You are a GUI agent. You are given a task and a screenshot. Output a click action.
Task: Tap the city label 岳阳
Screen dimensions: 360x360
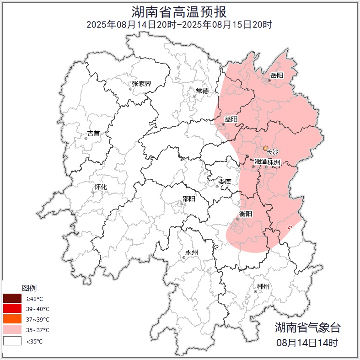(277, 75)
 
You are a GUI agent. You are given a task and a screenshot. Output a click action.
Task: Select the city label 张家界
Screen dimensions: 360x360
(141, 84)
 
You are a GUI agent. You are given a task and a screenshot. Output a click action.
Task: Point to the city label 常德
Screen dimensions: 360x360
(202, 91)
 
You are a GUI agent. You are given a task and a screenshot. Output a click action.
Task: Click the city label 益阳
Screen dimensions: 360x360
(231, 119)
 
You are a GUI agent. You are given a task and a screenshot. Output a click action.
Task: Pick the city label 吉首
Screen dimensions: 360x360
(93, 133)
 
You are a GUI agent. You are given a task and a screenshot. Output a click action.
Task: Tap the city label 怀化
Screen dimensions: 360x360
(101, 187)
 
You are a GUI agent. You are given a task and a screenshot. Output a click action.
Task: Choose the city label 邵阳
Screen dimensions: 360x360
(188, 199)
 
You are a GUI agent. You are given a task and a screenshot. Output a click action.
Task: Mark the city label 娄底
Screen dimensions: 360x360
(224, 182)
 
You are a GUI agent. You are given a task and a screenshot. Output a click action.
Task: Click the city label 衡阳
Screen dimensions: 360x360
(246, 214)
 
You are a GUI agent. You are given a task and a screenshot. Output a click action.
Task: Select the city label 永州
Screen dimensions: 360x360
(191, 253)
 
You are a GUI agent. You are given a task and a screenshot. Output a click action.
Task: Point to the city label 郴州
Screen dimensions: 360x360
(263, 287)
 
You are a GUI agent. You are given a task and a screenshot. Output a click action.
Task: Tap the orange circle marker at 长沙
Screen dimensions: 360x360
(266, 148)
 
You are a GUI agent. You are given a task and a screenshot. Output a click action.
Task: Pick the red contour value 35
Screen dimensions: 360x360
(289, 227)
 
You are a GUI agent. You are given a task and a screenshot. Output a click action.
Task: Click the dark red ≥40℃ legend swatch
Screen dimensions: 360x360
(12, 298)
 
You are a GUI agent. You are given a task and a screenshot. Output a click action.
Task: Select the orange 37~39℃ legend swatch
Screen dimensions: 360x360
(12, 319)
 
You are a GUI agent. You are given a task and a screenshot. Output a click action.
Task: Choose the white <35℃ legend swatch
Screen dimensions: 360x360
(12, 341)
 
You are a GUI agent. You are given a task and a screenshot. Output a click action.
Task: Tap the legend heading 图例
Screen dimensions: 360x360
(29, 288)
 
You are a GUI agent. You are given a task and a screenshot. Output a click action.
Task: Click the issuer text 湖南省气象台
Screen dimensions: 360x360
(307, 327)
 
